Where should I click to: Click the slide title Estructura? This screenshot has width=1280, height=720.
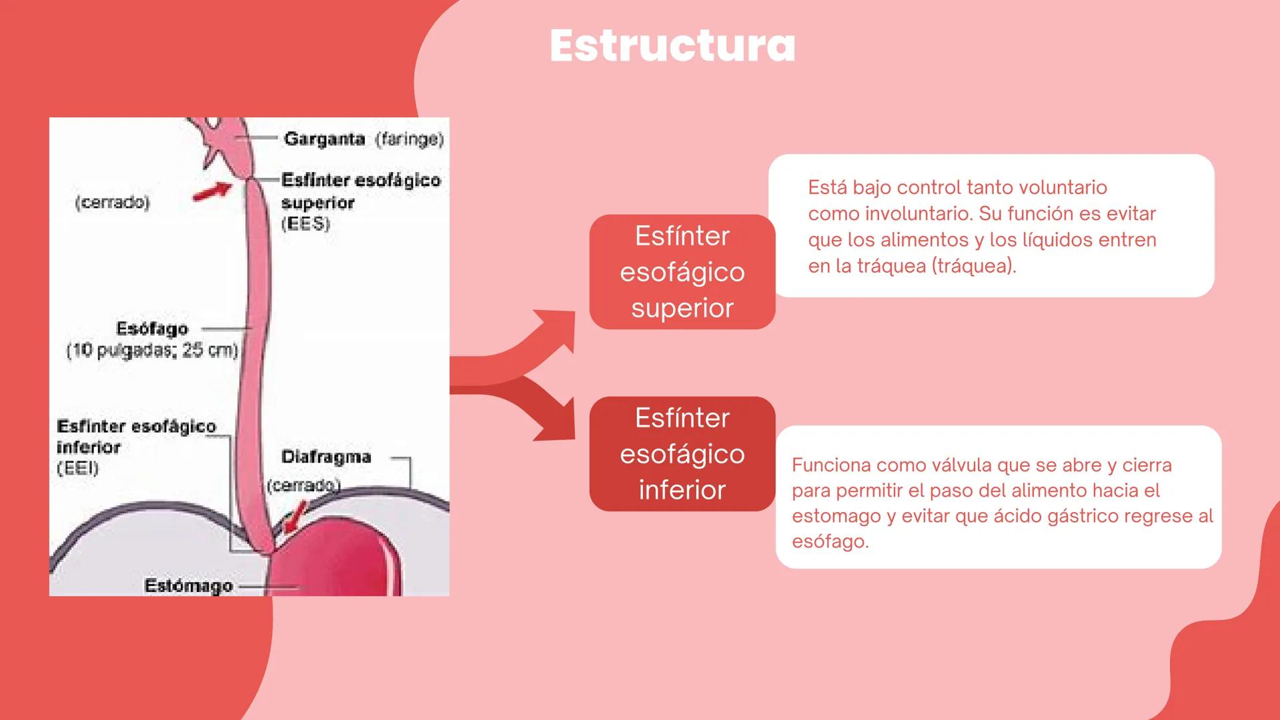pyautogui.click(x=672, y=47)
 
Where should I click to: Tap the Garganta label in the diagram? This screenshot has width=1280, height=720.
pyautogui.click(x=324, y=139)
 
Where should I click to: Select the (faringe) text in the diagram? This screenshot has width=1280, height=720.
pyautogui.click(x=409, y=139)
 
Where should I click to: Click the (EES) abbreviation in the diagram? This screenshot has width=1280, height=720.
pyautogui.click(x=305, y=224)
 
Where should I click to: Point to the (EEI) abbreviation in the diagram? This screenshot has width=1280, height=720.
pyautogui.click(x=77, y=468)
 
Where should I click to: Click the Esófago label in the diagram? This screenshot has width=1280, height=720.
pyautogui.click(x=152, y=329)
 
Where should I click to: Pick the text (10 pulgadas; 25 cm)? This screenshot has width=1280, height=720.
pyautogui.click(x=152, y=351)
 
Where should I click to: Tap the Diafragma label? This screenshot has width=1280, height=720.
pyautogui.click(x=326, y=457)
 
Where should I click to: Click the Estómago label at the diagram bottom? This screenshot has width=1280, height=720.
pyautogui.click(x=188, y=586)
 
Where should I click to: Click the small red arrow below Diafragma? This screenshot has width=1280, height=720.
pyautogui.click(x=293, y=517)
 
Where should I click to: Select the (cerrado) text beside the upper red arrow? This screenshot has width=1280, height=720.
pyautogui.click(x=112, y=202)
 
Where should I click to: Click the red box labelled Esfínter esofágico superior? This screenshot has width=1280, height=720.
pyautogui.click(x=682, y=272)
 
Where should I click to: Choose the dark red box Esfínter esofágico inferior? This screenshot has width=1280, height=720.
pyautogui.click(x=682, y=454)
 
